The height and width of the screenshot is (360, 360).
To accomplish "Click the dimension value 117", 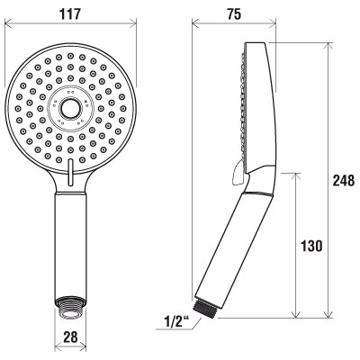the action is [70, 14].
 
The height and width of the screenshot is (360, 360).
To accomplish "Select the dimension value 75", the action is [234, 14].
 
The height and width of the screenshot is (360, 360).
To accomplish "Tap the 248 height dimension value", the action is [344, 181].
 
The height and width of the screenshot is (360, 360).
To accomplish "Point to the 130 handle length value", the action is [311, 246].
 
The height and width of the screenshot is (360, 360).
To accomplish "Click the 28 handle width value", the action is [71, 337].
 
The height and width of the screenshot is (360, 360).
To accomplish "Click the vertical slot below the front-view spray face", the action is [71, 172].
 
